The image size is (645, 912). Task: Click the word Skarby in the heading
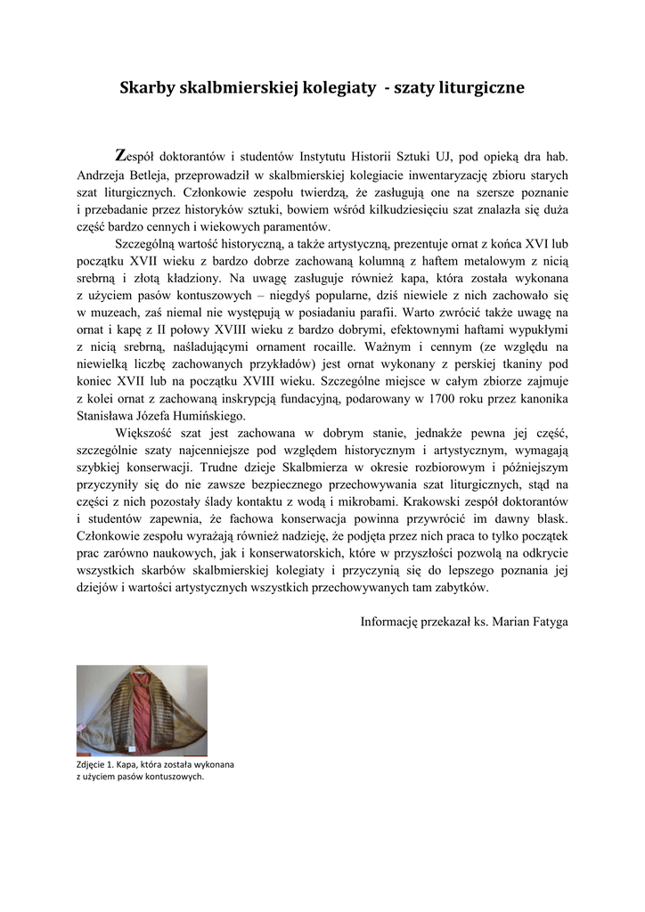point(147,88)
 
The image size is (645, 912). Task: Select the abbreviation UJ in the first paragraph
point(429,159)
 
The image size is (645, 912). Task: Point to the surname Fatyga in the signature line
point(546,621)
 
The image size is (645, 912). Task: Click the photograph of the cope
point(142,710)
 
